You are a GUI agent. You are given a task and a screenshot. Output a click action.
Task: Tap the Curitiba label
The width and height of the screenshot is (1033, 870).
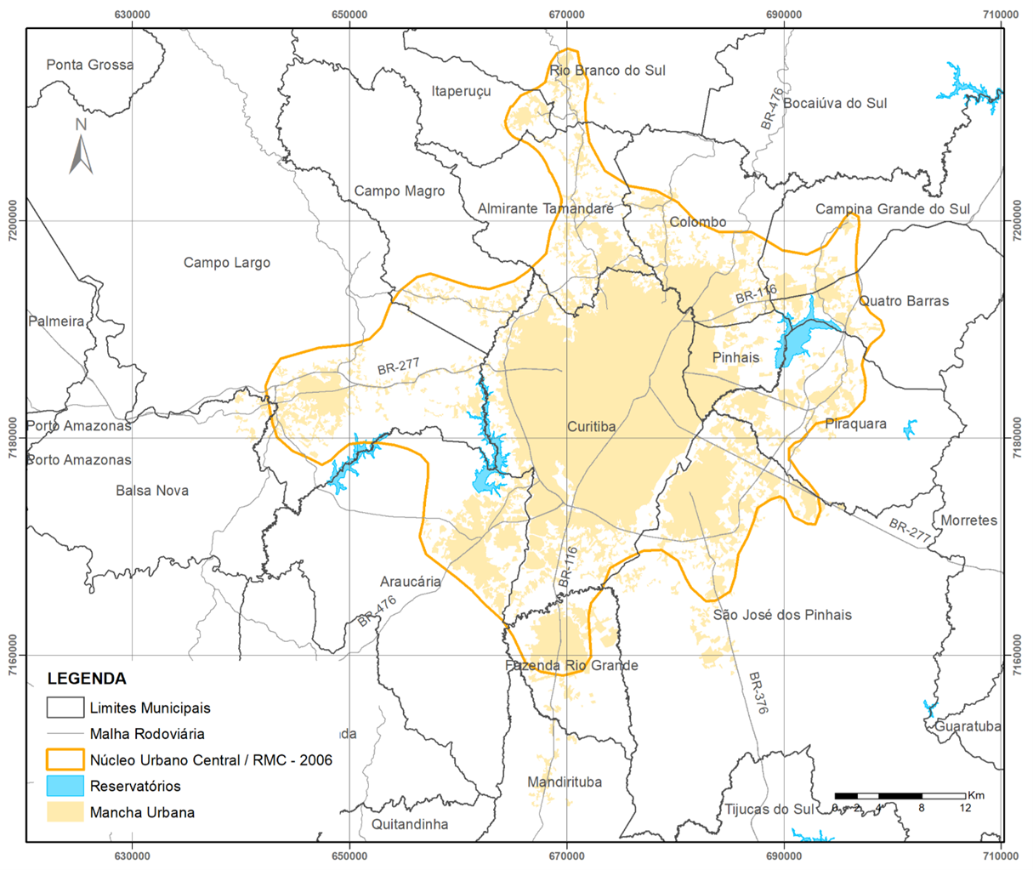point(591,427)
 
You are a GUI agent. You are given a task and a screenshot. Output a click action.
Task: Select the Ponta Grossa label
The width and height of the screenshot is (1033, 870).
point(90,65)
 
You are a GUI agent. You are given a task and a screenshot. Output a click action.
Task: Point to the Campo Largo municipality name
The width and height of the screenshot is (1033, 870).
point(227,263)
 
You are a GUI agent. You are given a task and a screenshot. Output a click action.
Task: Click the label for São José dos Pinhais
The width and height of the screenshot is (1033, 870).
point(782,615)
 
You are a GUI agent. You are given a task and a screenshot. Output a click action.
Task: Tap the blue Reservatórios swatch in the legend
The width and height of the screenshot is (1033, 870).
point(65,786)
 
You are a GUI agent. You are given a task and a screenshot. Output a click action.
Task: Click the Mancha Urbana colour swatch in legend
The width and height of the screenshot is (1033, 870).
point(65,812)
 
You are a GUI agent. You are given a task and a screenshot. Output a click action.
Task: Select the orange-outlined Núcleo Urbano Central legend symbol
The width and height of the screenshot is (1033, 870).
point(65,759)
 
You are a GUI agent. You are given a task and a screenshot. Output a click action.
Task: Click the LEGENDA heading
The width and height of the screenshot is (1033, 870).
point(87,679)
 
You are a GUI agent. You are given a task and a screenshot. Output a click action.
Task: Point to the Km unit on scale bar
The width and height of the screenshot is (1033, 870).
point(975,795)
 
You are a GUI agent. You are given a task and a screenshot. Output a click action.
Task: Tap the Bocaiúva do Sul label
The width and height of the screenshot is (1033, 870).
point(835,103)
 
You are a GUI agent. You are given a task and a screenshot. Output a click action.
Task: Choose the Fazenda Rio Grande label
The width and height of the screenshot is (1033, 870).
point(571,666)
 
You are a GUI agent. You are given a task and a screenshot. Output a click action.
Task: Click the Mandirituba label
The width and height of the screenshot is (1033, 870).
point(565,782)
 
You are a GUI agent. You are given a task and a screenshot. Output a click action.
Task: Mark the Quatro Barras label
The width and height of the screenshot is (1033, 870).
point(904,301)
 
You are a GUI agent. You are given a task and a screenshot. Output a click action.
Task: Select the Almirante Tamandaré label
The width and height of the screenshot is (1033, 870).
point(545,208)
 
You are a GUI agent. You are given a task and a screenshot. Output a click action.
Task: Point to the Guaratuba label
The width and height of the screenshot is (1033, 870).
point(968,726)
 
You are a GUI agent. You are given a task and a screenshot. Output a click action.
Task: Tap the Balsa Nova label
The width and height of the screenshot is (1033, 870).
point(152,491)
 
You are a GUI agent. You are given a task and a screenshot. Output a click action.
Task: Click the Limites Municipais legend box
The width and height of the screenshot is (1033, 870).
point(65,708)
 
